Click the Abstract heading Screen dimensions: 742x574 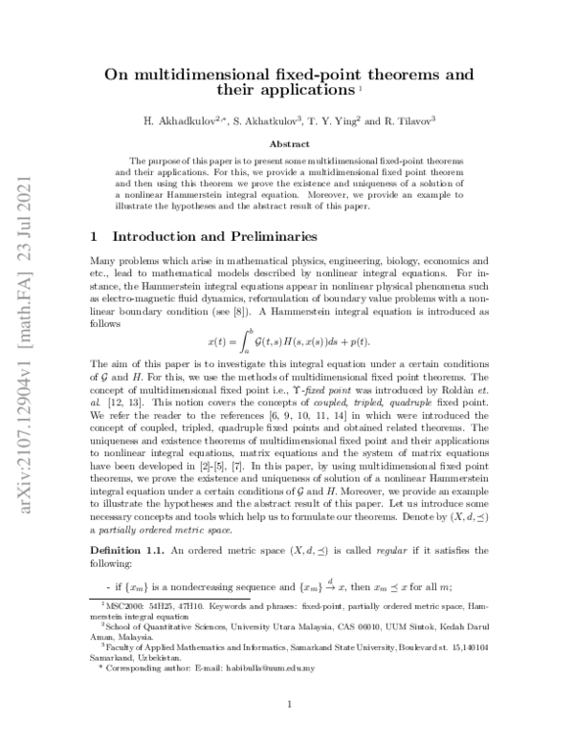288,143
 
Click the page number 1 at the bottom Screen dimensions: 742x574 288,706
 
